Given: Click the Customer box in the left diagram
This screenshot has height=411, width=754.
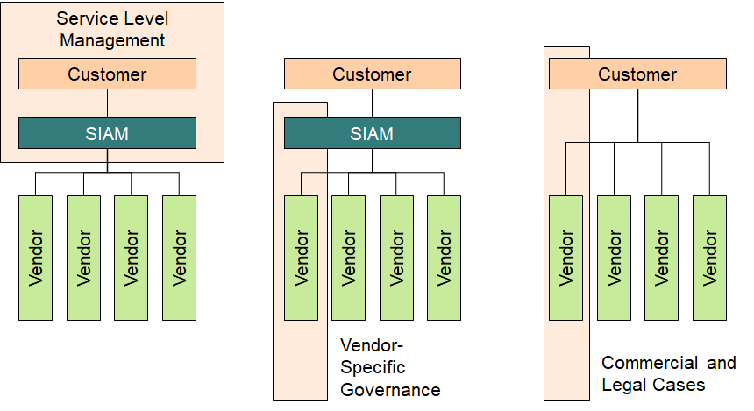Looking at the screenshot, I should pyautogui.click(x=107, y=74).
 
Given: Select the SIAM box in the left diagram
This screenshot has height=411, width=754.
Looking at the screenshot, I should pyautogui.click(x=107, y=133).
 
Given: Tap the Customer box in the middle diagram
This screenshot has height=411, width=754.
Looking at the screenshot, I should pyautogui.click(x=372, y=74).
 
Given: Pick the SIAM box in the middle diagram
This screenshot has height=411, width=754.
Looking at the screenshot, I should pyautogui.click(x=372, y=133).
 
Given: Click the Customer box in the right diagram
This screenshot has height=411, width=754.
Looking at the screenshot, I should pyautogui.click(x=637, y=74).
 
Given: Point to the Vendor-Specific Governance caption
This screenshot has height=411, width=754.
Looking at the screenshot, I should pyautogui.click(x=389, y=367).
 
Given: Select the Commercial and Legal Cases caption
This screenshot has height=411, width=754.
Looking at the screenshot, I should pyautogui.click(x=668, y=374).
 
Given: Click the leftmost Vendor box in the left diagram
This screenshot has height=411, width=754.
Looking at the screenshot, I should pyautogui.click(x=36, y=258).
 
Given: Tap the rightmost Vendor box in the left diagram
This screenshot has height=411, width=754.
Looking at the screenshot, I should pyautogui.click(x=179, y=258).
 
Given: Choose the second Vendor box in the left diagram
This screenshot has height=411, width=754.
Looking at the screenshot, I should pyautogui.click(x=83, y=258).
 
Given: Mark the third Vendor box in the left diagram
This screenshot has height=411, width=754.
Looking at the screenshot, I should pyautogui.click(x=132, y=258).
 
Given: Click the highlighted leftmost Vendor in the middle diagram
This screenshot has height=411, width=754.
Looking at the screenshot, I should pyautogui.click(x=301, y=258).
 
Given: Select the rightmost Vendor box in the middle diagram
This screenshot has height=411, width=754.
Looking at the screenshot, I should pyautogui.click(x=444, y=258).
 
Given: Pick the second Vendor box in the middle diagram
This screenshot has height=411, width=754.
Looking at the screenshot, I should pyautogui.click(x=348, y=258).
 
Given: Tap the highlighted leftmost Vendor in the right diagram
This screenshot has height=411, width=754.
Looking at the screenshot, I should pyautogui.click(x=566, y=258).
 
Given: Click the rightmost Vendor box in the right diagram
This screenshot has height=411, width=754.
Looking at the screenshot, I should pyautogui.click(x=709, y=258).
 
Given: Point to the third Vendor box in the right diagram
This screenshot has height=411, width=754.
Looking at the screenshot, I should pyautogui.click(x=661, y=258).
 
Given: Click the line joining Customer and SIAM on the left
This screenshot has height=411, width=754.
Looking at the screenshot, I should pyautogui.click(x=107, y=103).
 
